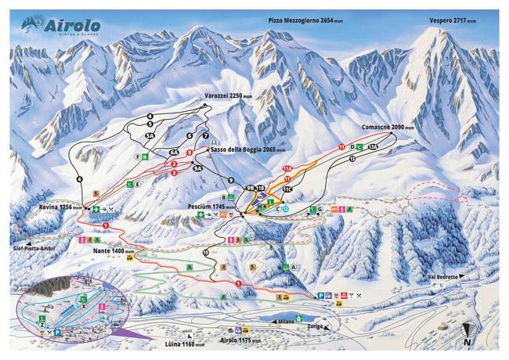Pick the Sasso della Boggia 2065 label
pos(244,149)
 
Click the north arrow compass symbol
pos(467,334)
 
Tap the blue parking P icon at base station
pos(319,295)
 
